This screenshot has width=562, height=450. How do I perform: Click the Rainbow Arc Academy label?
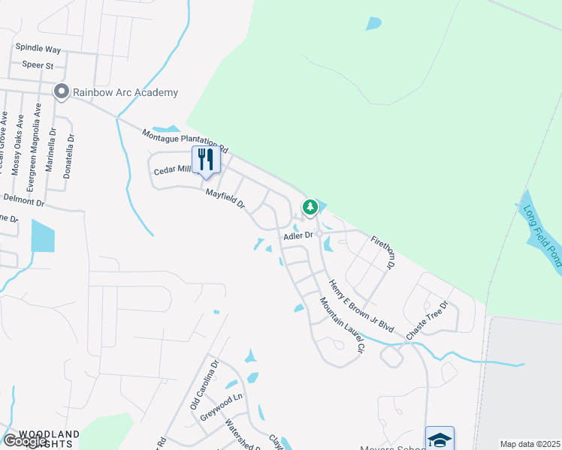click(x=125, y=92)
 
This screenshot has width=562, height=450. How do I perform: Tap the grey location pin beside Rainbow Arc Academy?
click(x=61, y=91)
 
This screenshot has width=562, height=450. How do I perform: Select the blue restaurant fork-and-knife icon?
click(x=204, y=160)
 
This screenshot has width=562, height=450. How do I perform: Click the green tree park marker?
click(x=310, y=206)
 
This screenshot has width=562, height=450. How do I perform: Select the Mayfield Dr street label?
click(x=226, y=199)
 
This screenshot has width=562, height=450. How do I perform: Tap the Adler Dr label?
click(x=297, y=235)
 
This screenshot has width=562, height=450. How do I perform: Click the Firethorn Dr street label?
click(x=382, y=252)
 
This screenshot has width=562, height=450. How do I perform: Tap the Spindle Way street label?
click(x=38, y=49)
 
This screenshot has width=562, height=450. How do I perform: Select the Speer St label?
click(x=38, y=65)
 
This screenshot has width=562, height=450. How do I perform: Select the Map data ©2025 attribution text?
click(x=530, y=444)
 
